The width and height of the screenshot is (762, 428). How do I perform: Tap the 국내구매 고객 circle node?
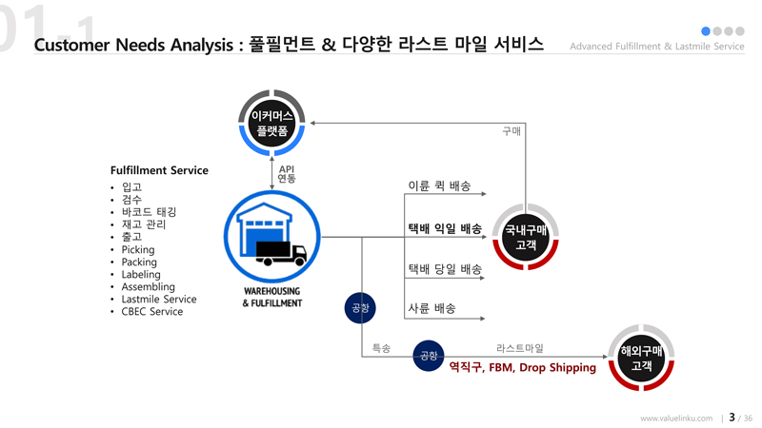pos(526,237)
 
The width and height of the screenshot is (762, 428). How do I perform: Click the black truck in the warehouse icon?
pos(281,252)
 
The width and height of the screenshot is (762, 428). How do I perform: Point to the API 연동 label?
pos(286,174)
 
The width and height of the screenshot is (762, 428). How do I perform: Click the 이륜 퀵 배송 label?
pos(439,186)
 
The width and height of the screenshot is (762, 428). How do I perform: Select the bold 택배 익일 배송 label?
pos(445,229)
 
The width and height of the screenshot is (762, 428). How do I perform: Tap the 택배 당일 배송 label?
pos(445,269)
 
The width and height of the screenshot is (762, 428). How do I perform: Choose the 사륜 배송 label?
pos(431,308)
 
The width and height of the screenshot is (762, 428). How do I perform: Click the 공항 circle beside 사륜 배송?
pos(360,308)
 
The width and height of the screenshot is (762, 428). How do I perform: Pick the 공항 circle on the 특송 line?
pos(429,357)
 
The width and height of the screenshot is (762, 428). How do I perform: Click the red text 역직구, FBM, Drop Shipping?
pos(522,367)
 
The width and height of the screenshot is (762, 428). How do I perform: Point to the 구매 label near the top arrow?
pos(511,131)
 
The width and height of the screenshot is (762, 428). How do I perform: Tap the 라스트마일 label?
pos(520,349)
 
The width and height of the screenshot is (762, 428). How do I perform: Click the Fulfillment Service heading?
pos(159,170)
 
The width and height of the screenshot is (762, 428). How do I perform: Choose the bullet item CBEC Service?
pos(152,312)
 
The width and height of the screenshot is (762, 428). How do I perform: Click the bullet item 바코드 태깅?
pos(149,212)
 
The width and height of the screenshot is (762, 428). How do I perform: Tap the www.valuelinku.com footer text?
pos(676,418)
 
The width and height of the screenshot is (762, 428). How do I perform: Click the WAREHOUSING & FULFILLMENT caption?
pos(271,297)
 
